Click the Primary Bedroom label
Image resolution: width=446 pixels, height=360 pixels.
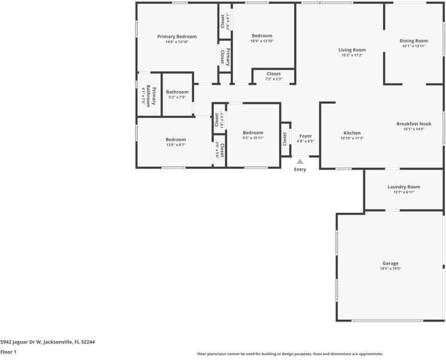177,37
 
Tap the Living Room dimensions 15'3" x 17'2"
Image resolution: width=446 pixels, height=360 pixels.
352,55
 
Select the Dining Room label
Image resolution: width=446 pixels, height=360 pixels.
414,41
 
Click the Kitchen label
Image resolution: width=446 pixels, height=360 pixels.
352,133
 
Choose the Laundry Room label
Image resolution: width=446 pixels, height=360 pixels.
404,187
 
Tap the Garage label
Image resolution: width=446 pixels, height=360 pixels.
390,263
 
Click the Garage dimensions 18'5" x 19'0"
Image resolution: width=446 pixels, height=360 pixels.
390,269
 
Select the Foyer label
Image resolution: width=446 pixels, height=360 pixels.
306,136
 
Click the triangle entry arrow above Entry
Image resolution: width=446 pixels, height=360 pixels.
300,161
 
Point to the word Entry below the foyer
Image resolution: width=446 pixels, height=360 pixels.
300,169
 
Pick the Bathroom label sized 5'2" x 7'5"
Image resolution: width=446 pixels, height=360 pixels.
177,92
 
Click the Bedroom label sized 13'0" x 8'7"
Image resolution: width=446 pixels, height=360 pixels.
176,140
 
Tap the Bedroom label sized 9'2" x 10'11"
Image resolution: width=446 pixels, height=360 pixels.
253,133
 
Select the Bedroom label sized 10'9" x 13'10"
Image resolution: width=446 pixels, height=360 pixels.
261,36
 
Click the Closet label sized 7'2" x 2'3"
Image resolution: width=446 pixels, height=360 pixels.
273,74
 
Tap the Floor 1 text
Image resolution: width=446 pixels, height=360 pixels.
8,352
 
